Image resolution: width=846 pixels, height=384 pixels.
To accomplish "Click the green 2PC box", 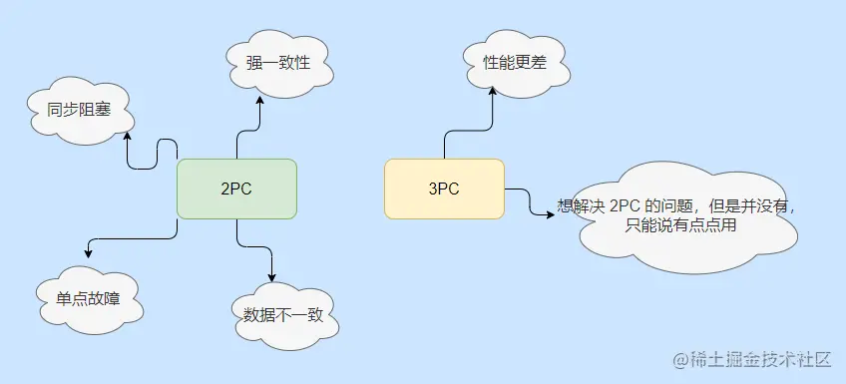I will click(x=236, y=189).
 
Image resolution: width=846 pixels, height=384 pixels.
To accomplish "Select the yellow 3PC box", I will click(x=444, y=189).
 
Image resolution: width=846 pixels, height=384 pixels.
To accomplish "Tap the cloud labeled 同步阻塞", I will click(x=76, y=110).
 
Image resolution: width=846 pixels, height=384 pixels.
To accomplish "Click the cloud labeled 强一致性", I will click(x=278, y=63).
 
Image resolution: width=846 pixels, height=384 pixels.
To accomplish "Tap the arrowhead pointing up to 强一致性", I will click(x=259, y=103).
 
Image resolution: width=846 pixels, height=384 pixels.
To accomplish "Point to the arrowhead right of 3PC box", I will click(x=551, y=212).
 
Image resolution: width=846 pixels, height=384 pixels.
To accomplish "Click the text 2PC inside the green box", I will click(x=236, y=189).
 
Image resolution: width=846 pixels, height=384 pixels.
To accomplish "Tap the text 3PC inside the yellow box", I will click(x=444, y=189).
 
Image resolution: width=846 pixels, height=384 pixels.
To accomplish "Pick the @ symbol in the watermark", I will click(x=678, y=358).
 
